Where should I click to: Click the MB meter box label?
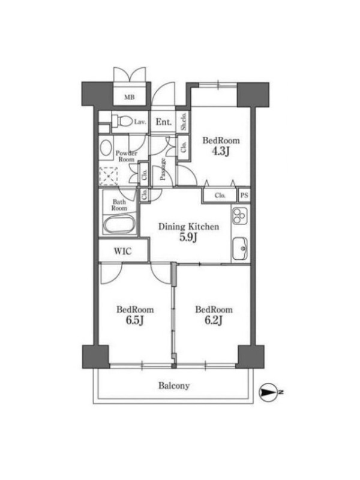(129, 97)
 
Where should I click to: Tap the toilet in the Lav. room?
(122, 122)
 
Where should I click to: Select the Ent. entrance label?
(163, 122)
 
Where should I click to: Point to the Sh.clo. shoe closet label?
(184, 122)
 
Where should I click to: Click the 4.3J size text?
(221, 151)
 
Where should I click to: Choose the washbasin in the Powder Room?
(106, 148)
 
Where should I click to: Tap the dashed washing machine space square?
(109, 176)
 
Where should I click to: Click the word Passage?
(163, 169)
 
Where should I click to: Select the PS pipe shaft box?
(244, 195)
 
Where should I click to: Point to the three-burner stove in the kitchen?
(239, 215)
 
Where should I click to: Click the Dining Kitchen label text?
(188, 227)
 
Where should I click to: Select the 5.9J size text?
(188, 238)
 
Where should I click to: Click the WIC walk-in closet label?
(123, 251)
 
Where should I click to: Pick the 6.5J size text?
(135, 320)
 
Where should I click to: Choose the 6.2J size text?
(214, 320)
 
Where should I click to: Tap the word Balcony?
(174, 386)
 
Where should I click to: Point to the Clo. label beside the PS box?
(220, 196)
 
